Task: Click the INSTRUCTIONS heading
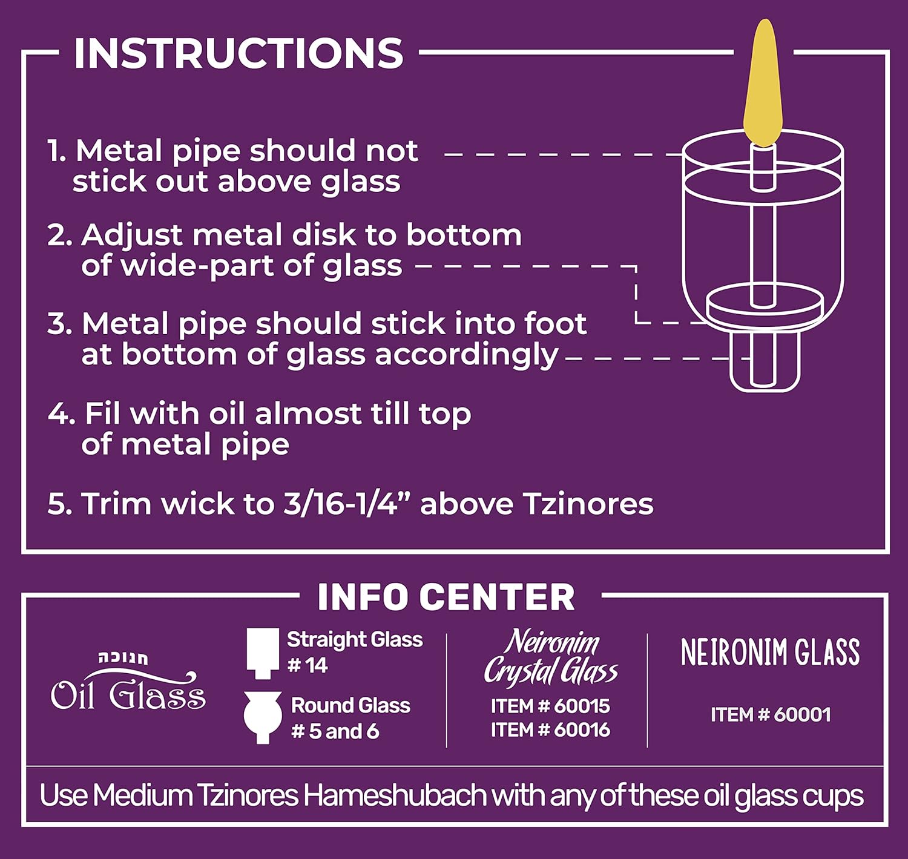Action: point(239,53)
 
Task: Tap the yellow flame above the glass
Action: point(763,83)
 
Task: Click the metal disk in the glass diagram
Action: point(765,307)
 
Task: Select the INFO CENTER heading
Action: point(446,597)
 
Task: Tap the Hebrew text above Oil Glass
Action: point(123,658)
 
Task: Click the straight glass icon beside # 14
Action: point(263,653)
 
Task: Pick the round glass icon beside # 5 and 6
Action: point(263,718)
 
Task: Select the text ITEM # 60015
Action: point(550,706)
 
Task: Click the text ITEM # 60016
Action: point(550,729)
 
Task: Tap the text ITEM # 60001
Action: point(771,714)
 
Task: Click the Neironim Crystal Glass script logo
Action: point(550,657)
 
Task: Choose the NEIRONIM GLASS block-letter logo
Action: point(771,652)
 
